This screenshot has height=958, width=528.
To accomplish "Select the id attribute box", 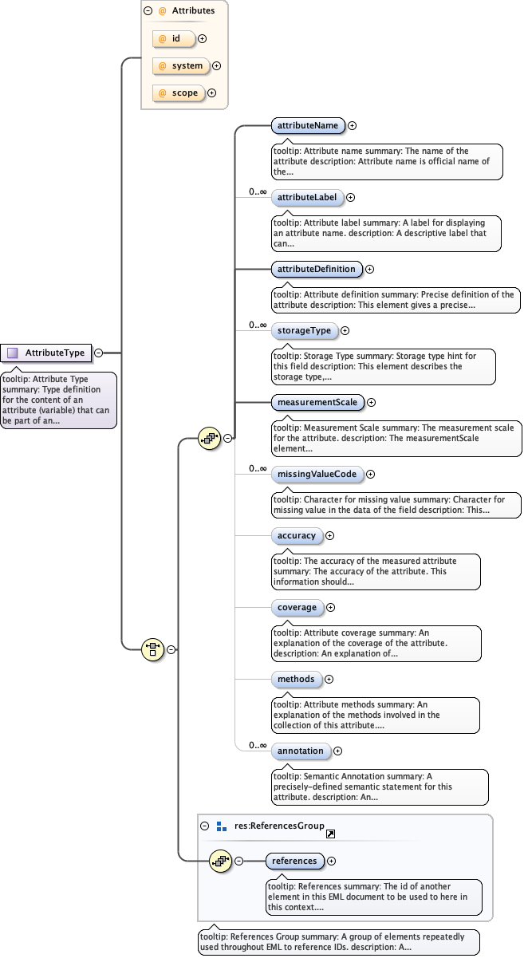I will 173,38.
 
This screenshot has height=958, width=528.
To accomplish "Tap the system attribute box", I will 180,66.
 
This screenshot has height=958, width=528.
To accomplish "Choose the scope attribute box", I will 178,93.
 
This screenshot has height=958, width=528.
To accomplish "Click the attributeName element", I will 308,125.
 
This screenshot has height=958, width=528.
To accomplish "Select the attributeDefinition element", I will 317,269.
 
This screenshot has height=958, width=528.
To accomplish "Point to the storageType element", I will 304,330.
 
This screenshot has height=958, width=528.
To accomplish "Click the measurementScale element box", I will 317,402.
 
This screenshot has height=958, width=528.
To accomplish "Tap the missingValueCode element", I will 317,474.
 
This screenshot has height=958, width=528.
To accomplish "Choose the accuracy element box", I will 297,535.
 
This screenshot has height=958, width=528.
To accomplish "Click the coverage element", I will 297,607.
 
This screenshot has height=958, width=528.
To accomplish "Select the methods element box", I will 296,679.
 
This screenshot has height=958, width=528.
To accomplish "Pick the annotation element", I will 301,751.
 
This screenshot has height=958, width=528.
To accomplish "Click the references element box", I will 295,861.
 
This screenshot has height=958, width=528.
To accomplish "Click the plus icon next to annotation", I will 338,751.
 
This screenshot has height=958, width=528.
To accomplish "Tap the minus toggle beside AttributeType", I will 98,353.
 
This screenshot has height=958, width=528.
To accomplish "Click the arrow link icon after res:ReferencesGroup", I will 330,834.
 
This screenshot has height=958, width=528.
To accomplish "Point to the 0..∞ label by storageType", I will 257,325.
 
